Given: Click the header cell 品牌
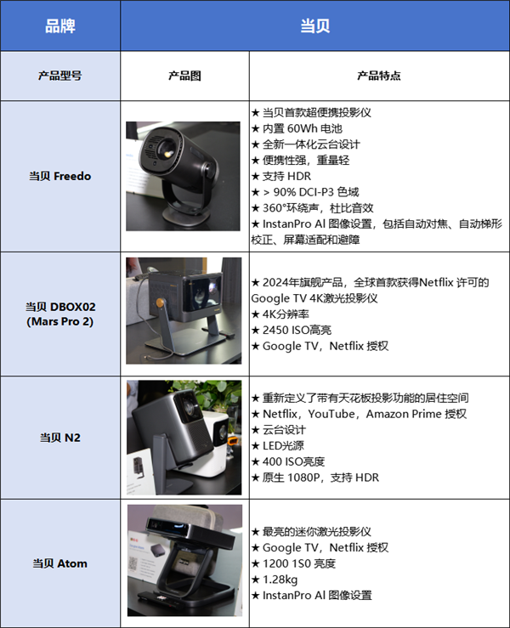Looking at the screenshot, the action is [60, 25].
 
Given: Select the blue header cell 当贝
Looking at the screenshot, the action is [314, 25].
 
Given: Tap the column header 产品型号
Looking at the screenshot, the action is [60, 76].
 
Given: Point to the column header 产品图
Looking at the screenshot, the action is [184, 76].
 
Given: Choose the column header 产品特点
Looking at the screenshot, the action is [379, 76].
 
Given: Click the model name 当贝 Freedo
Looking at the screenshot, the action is [60, 176].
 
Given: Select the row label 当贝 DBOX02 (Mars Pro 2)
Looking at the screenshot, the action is [60, 314].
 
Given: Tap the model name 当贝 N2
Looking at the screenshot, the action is [60, 438].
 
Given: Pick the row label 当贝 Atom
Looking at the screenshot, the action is [60, 563].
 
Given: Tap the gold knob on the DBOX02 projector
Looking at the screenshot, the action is [160, 303].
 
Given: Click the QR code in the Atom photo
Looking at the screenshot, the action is [133, 564].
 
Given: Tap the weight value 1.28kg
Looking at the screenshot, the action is [275, 580].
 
